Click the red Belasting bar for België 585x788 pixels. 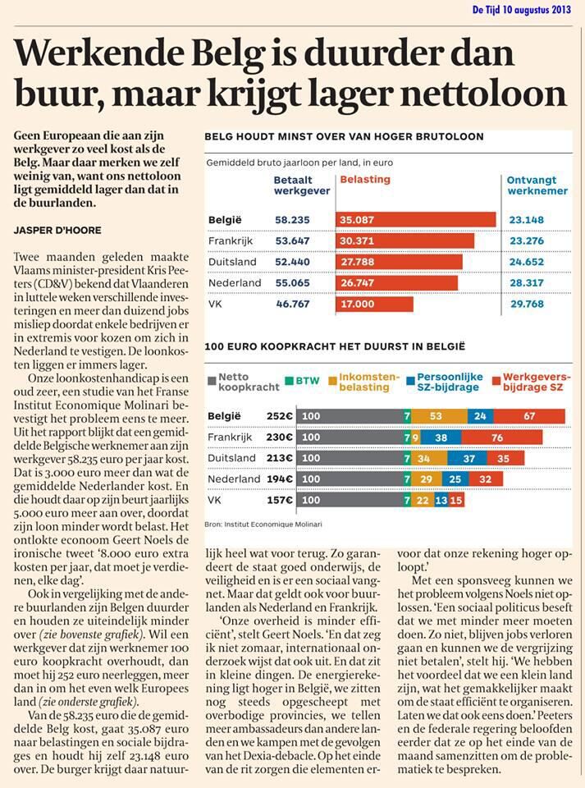click(x=416, y=220)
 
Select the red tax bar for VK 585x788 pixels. click(x=375, y=304)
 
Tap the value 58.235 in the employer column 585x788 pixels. click(x=292, y=220)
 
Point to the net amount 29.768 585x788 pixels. click(x=527, y=304)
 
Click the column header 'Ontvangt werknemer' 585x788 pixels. click(x=537, y=186)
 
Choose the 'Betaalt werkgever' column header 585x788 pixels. click(x=302, y=186)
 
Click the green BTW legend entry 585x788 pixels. click(x=302, y=381)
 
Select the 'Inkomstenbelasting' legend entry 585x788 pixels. click(x=364, y=382)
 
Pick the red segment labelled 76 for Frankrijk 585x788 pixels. click(x=501, y=438)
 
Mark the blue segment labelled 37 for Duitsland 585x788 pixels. click(x=467, y=458)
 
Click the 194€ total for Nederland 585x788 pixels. click(x=280, y=479)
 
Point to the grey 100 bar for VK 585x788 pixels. click(x=350, y=500)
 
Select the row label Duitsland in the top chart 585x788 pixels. click(x=232, y=262)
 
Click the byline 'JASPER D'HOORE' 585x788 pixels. click(x=57, y=231)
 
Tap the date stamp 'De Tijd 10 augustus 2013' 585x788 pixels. click(x=522, y=10)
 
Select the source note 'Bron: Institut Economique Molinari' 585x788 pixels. click(x=263, y=525)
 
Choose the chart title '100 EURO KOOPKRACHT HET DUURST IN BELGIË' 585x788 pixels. click(x=335, y=346)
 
